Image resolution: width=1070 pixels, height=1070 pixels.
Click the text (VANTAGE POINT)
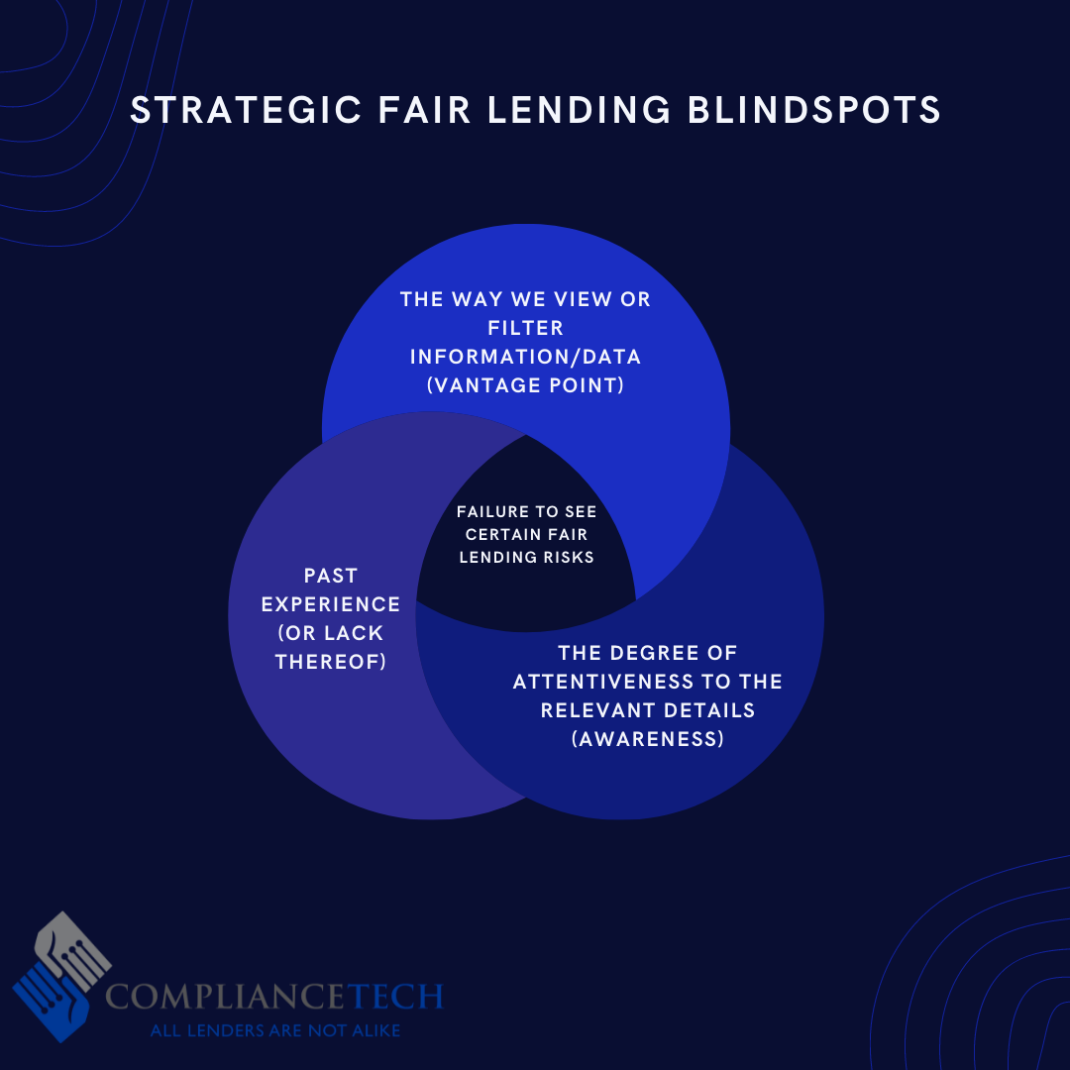(x=526, y=385)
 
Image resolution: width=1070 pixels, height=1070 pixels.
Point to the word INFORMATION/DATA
(x=526, y=357)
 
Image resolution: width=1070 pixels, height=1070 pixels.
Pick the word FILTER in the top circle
(x=526, y=328)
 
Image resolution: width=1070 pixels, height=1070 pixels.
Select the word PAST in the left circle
(x=331, y=576)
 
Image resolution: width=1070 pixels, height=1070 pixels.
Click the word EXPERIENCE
(x=331, y=604)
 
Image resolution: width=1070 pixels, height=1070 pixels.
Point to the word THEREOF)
(x=331, y=662)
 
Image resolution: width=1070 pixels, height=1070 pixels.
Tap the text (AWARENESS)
(x=648, y=739)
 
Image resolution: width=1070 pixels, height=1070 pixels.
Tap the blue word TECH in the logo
(x=394, y=997)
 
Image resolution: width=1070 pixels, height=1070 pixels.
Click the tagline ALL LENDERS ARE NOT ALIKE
(x=274, y=1030)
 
